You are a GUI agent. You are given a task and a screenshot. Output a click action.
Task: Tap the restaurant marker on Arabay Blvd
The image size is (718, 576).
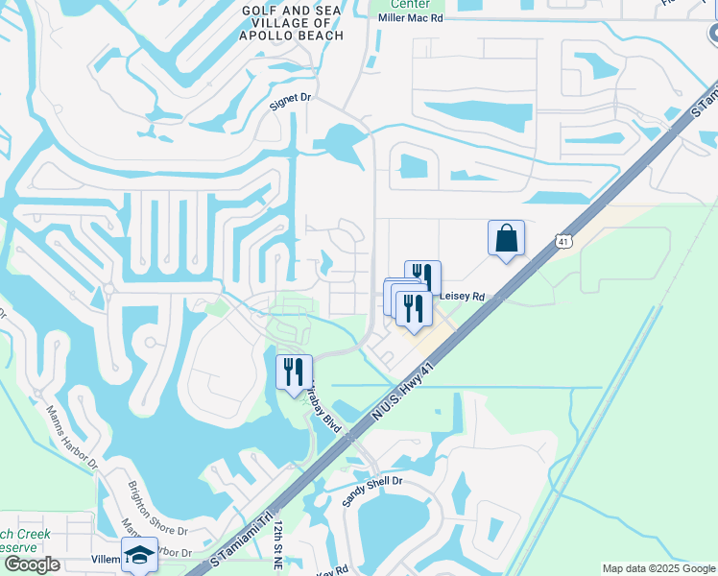[293, 372]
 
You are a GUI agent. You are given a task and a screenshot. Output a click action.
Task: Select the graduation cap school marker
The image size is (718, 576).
[140, 555]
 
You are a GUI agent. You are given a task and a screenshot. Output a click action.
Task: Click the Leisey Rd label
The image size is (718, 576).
[463, 298]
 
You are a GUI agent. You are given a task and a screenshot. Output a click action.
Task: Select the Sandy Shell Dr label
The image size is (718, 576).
[371, 492]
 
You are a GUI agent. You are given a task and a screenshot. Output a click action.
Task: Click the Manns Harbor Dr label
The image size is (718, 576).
[73, 437]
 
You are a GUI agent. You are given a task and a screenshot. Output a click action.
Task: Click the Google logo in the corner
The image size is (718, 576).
[32, 564]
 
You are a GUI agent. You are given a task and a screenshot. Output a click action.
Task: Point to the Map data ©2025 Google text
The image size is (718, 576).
[658, 568]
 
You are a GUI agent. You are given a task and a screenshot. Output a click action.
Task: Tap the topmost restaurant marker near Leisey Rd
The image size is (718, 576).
[422, 277]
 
